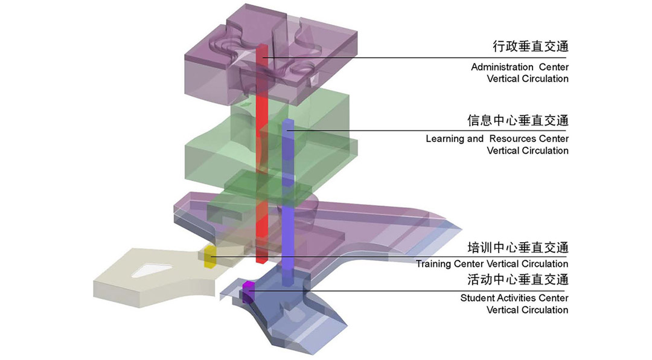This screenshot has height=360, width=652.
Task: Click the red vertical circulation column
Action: click(x=261, y=154)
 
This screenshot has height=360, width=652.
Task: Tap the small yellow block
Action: click(x=210, y=257)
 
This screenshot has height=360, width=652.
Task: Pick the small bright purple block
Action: click(x=248, y=292)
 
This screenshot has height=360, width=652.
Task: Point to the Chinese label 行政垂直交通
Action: click(x=530, y=46)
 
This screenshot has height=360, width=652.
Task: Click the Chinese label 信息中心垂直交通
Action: click(x=518, y=120)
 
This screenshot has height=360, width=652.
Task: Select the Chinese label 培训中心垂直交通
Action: click(x=518, y=248)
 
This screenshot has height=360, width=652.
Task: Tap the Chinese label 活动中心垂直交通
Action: click(x=518, y=279)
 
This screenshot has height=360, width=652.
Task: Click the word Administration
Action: click(x=502, y=67)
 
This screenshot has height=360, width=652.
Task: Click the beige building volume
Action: click(x=158, y=277)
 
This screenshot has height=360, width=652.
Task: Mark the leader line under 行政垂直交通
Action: click(x=414, y=57)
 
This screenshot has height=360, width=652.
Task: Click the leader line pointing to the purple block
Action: click(x=407, y=291)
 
